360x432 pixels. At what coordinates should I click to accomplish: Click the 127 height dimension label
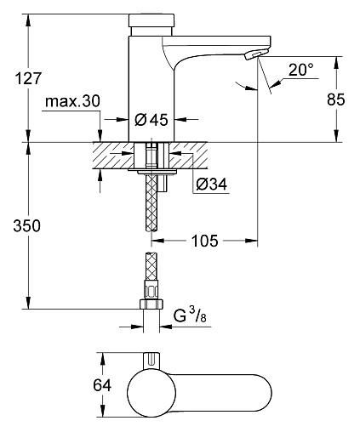click(28, 78)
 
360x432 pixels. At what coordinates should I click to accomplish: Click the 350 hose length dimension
click(27, 226)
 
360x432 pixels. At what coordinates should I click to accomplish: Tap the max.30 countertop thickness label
click(72, 101)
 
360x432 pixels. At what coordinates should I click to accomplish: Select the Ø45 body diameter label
click(151, 120)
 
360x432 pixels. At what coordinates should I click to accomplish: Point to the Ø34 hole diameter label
click(212, 185)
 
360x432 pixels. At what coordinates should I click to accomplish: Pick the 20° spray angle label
click(301, 69)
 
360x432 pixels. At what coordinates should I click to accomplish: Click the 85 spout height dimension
click(336, 99)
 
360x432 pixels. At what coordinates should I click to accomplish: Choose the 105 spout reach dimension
click(205, 241)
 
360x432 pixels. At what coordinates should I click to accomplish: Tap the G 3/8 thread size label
click(190, 315)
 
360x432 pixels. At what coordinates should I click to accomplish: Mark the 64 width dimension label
click(102, 385)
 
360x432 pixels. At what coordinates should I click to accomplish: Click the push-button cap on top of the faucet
click(151, 20)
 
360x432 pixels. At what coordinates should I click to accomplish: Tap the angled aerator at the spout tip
click(255, 54)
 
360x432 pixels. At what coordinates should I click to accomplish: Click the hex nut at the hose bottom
click(151, 304)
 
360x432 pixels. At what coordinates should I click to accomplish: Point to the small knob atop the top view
click(152, 361)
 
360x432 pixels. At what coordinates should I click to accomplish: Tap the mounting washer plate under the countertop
click(152, 171)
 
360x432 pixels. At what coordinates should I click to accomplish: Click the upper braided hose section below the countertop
click(152, 202)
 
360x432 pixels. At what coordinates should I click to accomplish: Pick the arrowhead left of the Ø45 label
click(123, 120)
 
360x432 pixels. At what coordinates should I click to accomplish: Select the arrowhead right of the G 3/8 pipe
click(166, 327)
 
